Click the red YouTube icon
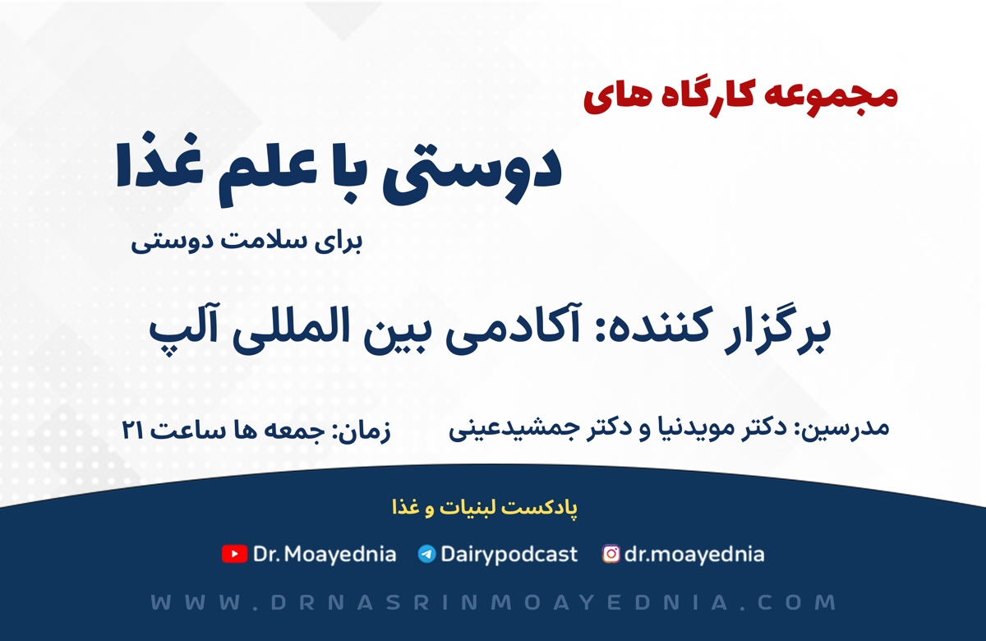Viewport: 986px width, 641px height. click(x=234, y=554)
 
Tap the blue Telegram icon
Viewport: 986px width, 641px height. click(x=426, y=554)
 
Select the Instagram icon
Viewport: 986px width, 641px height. click(x=611, y=554)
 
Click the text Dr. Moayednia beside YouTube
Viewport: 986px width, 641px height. click(x=325, y=554)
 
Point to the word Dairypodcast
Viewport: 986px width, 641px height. click(x=509, y=554)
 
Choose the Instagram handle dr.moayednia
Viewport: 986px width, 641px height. click(x=694, y=554)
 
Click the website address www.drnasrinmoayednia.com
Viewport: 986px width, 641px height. click(x=494, y=602)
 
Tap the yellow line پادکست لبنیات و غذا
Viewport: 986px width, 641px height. click(x=485, y=508)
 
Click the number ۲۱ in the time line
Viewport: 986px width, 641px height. click(x=132, y=430)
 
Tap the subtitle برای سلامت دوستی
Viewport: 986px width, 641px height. click(x=247, y=242)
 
